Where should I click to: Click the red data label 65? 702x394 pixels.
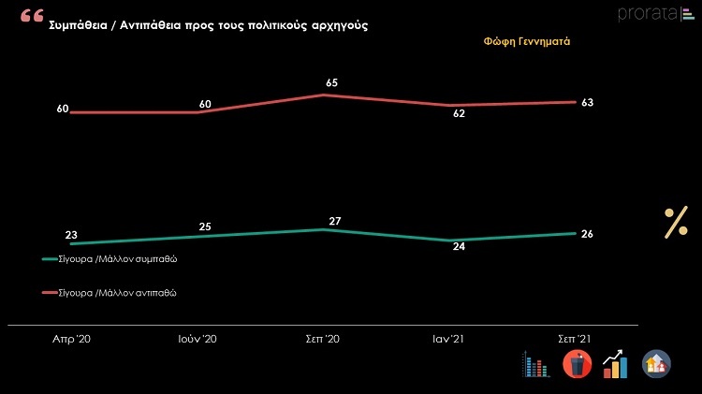(331, 83)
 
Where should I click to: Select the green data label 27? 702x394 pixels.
(333, 221)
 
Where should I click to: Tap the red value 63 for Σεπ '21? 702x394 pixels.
(588, 103)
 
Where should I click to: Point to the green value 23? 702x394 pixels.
(71, 235)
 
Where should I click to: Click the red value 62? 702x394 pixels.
(460, 114)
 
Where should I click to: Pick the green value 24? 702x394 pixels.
(461, 248)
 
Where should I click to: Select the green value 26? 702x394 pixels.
(587, 234)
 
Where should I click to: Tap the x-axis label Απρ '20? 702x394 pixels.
(71, 340)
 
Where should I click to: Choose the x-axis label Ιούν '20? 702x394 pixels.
(197, 340)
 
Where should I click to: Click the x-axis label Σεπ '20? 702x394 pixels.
(323, 340)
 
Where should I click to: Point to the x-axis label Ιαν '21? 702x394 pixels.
(446, 340)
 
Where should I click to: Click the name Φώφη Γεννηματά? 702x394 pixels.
(527, 43)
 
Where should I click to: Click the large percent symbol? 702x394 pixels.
(676, 224)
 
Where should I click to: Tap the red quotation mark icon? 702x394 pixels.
(31, 17)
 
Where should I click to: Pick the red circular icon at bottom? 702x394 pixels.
(577, 364)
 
